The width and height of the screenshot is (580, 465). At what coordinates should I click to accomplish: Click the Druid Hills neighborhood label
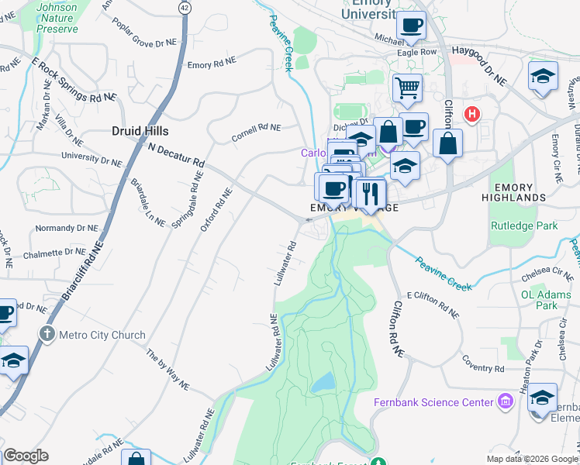click(x=140, y=131)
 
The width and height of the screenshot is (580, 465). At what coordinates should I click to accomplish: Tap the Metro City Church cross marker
click(x=47, y=335)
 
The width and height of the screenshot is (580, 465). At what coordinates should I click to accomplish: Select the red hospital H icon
click(x=471, y=115)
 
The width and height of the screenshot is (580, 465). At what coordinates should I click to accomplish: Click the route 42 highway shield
click(x=184, y=7)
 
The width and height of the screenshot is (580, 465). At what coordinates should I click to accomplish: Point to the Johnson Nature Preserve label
click(x=57, y=18)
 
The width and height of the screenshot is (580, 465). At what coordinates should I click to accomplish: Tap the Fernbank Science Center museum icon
click(x=506, y=401)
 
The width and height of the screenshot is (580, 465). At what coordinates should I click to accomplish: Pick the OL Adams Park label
click(x=539, y=300)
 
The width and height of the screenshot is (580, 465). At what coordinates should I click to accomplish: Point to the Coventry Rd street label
click(x=484, y=363)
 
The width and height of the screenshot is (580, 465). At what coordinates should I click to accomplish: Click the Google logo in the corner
click(x=26, y=456)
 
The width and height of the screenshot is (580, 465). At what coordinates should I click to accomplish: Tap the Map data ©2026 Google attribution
click(x=532, y=459)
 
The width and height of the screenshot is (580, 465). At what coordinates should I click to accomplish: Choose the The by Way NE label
click(x=167, y=369)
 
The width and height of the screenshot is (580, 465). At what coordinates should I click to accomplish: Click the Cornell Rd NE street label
click(x=256, y=133)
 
